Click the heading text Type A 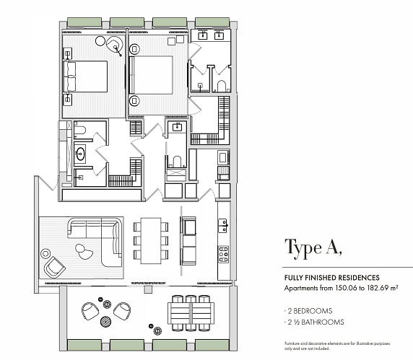[x=313, y=248]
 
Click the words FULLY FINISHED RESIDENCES [x=332, y=278]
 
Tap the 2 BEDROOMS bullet [x=308, y=311]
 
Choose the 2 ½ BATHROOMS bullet [x=314, y=322]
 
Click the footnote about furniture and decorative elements [x=337, y=346]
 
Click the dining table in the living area [x=151, y=240]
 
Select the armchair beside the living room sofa [x=55, y=267]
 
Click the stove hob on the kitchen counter [x=224, y=254]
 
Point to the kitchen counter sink [x=223, y=226]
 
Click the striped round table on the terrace [x=106, y=321]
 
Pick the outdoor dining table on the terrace [x=191, y=313]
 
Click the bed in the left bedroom [x=85, y=76]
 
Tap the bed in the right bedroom [x=151, y=75]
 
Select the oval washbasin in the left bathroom [x=80, y=153]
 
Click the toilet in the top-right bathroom [x=222, y=86]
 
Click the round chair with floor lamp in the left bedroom [x=115, y=44]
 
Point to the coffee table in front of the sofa [x=84, y=252]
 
